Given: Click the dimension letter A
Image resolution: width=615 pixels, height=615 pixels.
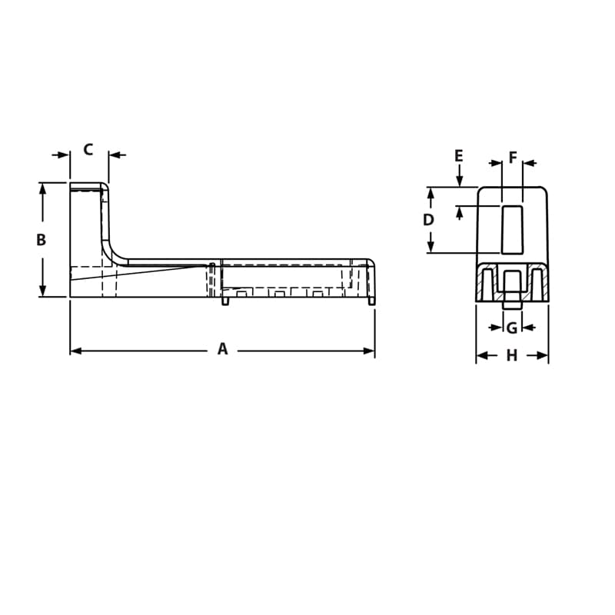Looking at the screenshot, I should click(222, 350).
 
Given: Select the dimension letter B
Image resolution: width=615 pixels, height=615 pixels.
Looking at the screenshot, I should click(42, 240).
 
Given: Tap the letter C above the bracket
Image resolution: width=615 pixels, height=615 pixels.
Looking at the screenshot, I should click(88, 149).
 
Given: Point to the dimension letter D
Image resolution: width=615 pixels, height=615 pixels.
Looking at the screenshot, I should click(429, 220).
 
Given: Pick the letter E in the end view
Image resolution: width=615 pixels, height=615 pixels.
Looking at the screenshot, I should click(459, 156).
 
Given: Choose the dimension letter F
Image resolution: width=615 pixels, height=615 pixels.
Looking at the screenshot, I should click(513, 158).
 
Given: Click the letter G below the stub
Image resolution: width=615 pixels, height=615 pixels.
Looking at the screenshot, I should click(512, 328).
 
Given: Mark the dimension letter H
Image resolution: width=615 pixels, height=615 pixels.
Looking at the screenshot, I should click(512, 355).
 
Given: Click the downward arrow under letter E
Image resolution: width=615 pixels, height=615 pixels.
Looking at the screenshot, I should click(459, 181).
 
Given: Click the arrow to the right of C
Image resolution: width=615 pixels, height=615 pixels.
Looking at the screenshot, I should click(114, 155).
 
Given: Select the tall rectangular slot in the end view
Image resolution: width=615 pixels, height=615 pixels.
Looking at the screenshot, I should click(512, 228).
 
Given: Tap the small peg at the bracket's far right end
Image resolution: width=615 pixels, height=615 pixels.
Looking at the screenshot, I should click(373, 301).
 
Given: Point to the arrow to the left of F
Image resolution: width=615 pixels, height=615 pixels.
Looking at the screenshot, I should click(495, 163).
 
